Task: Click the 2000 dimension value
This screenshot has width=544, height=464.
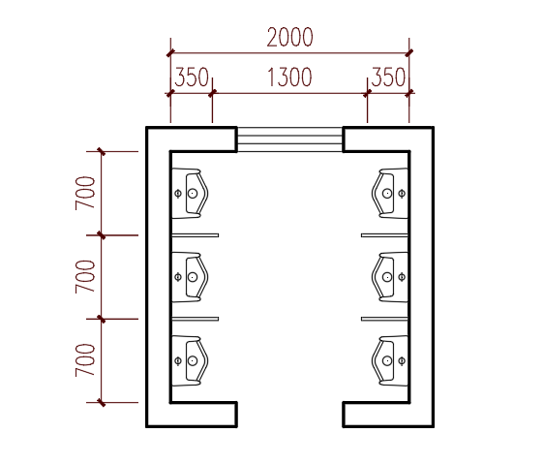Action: coord(289,37)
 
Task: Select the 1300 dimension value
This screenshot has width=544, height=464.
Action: coord(289,77)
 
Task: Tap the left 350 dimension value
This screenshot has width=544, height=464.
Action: coord(192,77)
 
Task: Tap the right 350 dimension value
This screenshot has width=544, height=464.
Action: coord(388,77)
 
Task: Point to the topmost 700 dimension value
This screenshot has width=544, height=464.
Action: coord(85,193)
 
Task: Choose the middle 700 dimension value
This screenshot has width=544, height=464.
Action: coord(85,277)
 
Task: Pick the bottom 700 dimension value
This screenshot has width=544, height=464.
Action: coord(85,360)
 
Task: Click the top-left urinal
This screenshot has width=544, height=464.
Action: coord(190,194)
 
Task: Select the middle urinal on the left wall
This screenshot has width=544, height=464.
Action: coord(190,277)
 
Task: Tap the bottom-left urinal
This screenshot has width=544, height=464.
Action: coord(190,361)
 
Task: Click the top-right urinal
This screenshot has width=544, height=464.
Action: coord(390,194)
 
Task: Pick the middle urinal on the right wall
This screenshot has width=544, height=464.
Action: coord(390,277)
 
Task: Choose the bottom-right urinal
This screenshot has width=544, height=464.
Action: coord(390,361)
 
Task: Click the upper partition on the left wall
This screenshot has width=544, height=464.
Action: coord(196,235)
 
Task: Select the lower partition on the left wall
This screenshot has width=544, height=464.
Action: coord(196,319)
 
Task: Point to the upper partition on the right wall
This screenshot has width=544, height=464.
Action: coord(384,235)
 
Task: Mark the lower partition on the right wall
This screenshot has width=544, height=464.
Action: coord(384,319)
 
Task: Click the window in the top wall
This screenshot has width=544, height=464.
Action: coord(289,139)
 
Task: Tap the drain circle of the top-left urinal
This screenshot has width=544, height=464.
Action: coord(193,194)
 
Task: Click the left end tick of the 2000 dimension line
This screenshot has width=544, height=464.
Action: coord(170,53)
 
